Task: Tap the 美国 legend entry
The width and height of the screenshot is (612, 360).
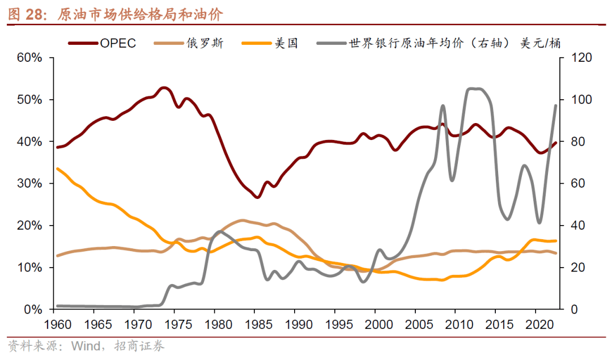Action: coord(287,43)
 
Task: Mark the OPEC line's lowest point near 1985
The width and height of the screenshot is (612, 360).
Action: coord(257,197)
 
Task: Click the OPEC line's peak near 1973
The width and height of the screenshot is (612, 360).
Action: coord(164,87)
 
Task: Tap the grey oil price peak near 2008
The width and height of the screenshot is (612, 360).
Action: coord(443,105)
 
